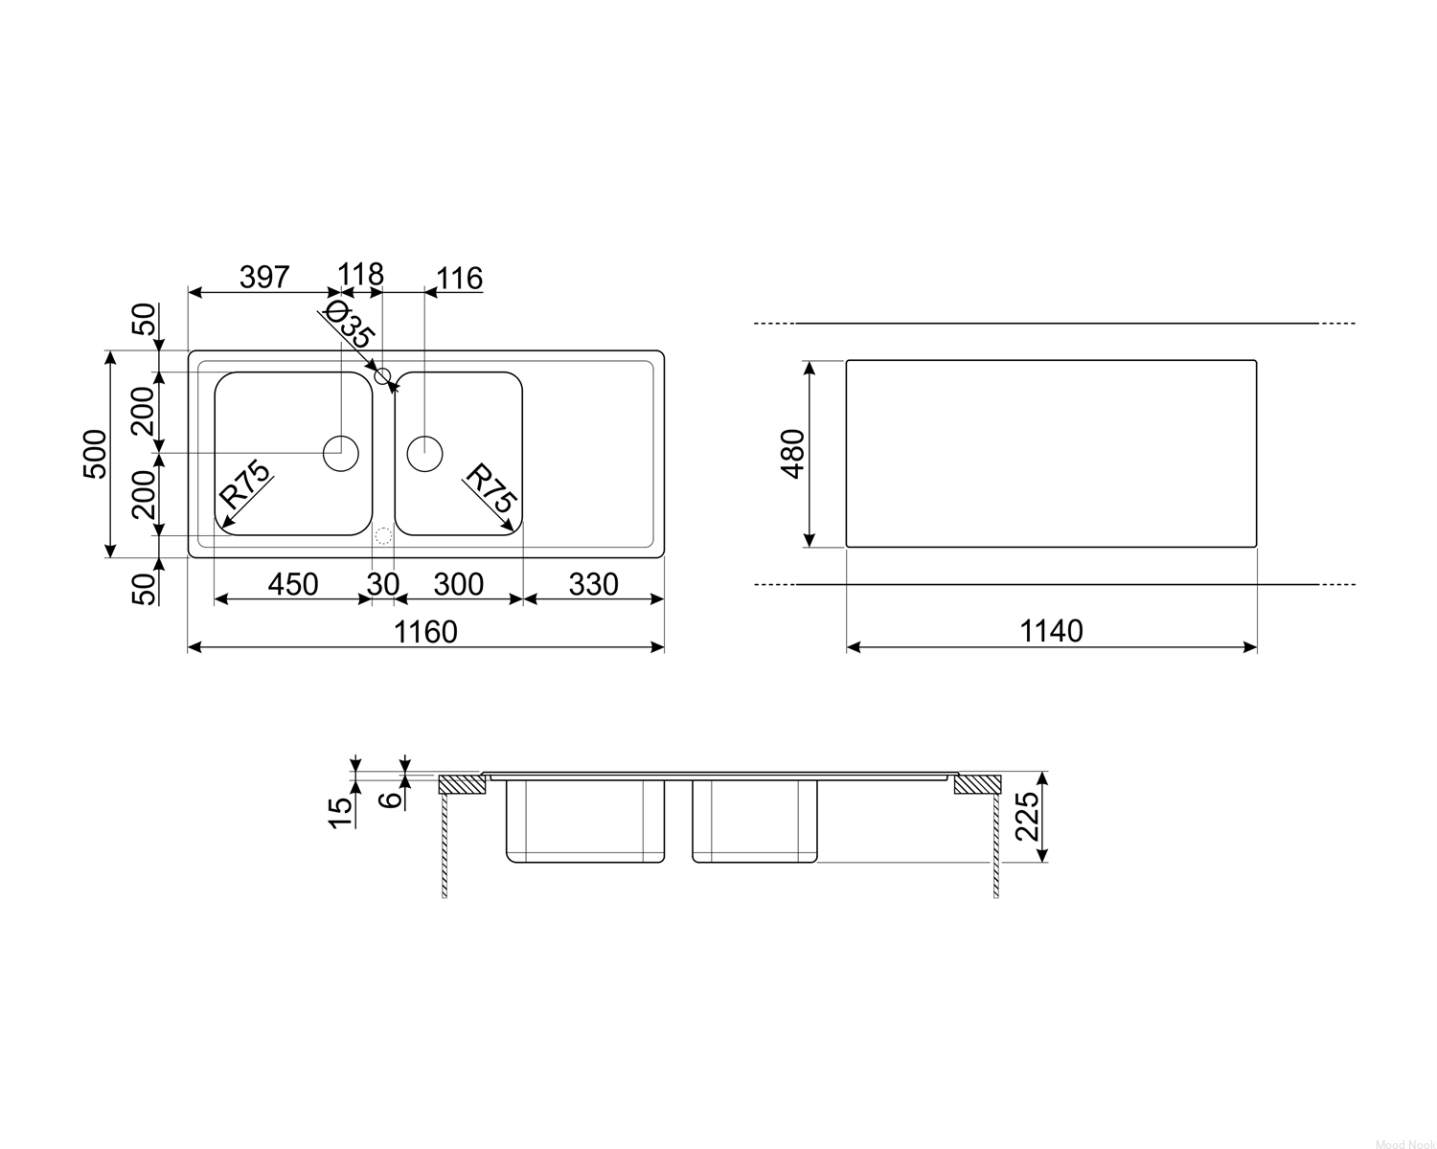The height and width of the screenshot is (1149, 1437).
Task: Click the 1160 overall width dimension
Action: [425, 632]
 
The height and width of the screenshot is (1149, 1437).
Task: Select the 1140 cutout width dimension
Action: [1051, 631]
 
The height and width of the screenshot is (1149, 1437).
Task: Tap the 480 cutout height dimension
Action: [792, 454]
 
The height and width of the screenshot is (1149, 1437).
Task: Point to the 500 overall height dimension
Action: [95, 454]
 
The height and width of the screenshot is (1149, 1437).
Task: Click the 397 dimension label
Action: [264, 277]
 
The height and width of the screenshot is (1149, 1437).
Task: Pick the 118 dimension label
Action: [360, 274]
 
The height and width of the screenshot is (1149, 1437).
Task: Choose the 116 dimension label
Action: [460, 278]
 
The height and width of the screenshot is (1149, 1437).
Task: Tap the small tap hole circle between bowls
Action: [382, 376]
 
